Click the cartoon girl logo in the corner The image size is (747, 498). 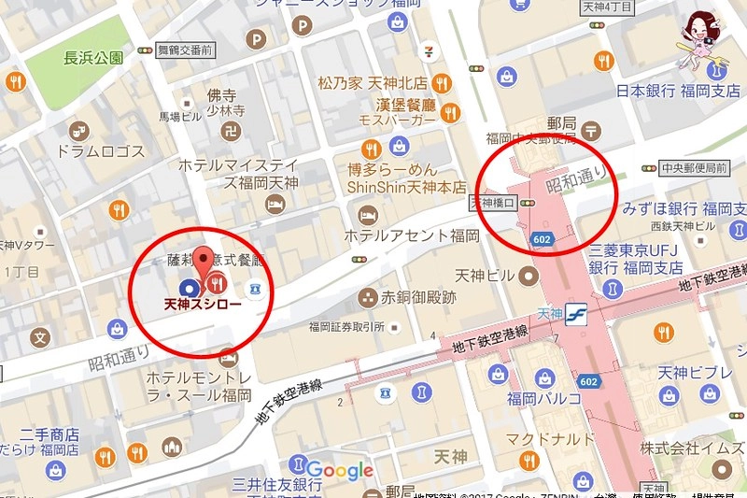point(700,37)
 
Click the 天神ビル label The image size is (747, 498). point(486,277)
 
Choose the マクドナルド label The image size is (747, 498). point(549,438)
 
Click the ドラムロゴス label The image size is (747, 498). point(101,152)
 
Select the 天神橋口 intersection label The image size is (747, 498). point(492,202)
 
